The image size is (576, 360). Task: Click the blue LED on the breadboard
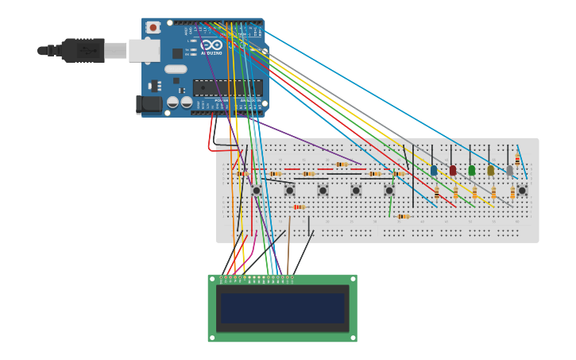point(434,170)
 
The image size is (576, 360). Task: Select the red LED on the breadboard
point(453,170)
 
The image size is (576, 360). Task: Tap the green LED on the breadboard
point(472,170)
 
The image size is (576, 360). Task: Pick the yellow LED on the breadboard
point(491,170)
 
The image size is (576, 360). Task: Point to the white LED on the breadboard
point(510,170)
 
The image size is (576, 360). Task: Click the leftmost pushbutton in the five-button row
point(256,191)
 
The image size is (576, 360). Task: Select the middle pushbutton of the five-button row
point(323,191)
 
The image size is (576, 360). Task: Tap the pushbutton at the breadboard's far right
point(522,191)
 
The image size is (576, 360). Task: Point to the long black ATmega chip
point(227,87)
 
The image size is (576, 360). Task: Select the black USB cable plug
point(83,50)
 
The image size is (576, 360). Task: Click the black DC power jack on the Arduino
point(149,104)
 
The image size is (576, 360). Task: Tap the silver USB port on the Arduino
point(144,50)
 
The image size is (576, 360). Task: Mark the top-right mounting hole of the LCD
point(352,280)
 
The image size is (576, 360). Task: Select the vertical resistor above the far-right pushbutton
point(517,161)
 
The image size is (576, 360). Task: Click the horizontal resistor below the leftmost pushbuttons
point(299,207)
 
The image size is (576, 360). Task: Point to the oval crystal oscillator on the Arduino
point(176,69)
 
